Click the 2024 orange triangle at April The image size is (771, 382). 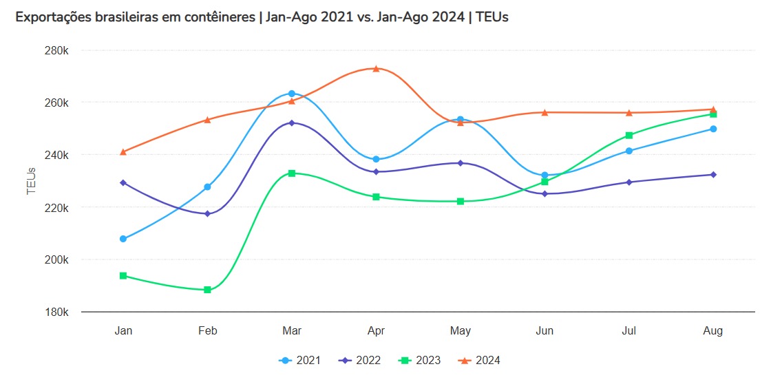[376, 68]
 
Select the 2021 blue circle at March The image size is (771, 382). [291, 94]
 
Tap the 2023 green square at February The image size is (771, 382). [207, 290]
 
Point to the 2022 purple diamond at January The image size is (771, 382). [123, 182]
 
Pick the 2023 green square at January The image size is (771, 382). [123, 275]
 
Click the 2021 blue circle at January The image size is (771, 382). [123, 239]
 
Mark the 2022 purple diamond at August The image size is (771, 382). [713, 174]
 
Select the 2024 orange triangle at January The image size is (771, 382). [123, 151]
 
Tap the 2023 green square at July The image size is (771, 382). [629, 135]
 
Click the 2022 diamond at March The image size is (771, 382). [291, 123]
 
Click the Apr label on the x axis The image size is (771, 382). [376, 331]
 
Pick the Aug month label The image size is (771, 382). [713, 331]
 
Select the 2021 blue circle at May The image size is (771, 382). [460, 120]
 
